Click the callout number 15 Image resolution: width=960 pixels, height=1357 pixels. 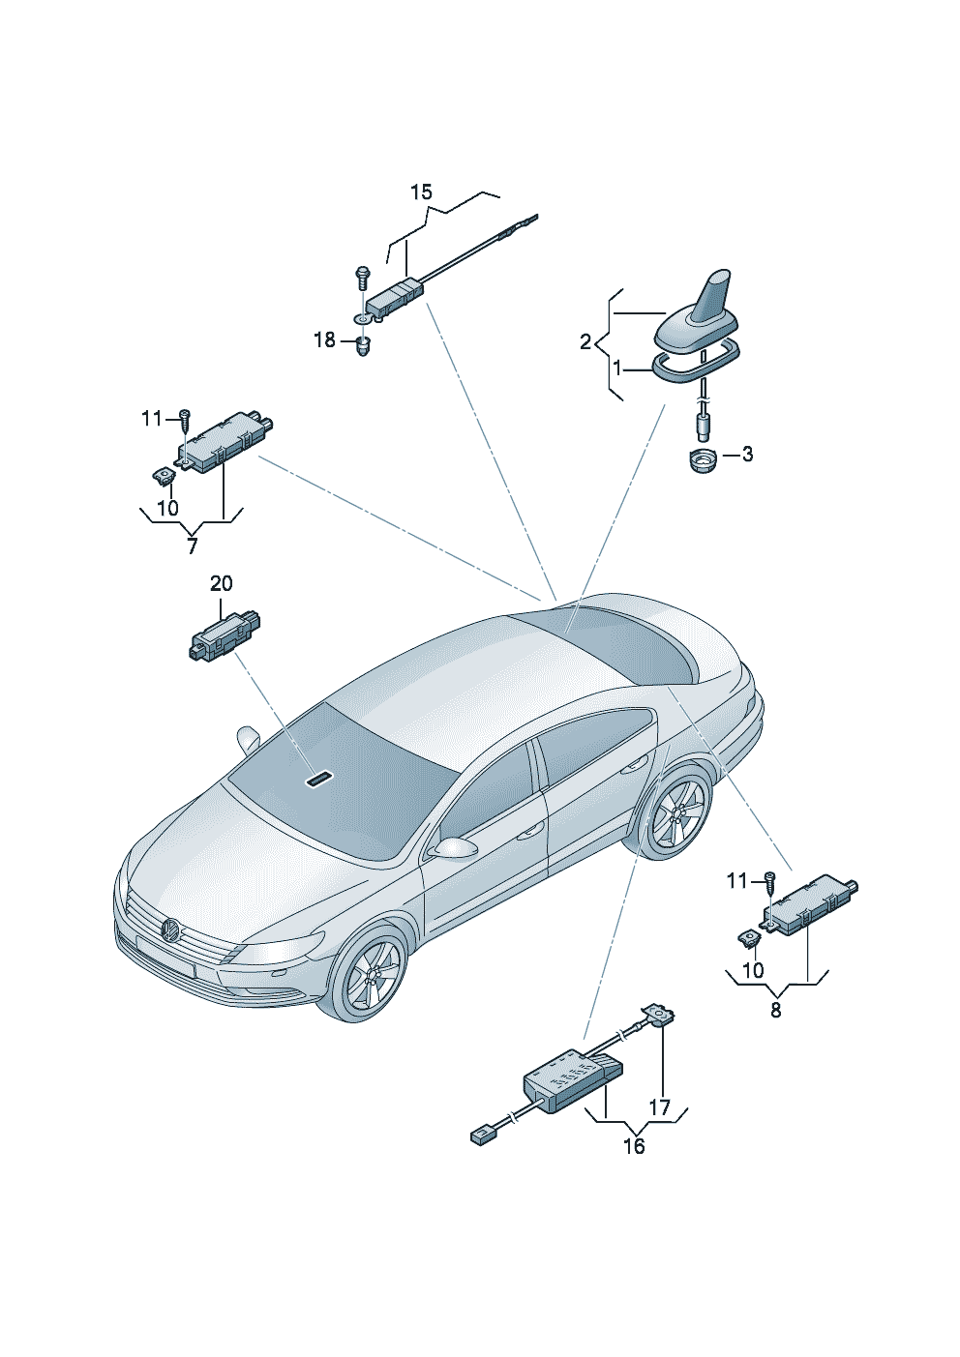pyautogui.click(x=421, y=192)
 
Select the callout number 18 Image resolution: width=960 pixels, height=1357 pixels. pyautogui.click(x=324, y=340)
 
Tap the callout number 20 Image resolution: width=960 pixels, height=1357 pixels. pyautogui.click(x=222, y=584)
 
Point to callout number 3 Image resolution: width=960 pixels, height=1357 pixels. pyautogui.click(x=747, y=455)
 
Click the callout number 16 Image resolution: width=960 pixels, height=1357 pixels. pyautogui.click(x=634, y=1146)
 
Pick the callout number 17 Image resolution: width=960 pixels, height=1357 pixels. pyautogui.click(x=659, y=1107)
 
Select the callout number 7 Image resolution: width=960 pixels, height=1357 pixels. pyautogui.click(x=192, y=546)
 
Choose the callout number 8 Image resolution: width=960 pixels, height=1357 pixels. pyautogui.click(x=775, y=1010)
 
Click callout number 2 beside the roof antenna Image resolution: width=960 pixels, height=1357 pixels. pyautogui.click(x=585, y=341)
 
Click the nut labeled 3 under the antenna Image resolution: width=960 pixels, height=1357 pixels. pyautogui.click(x=701, y=459)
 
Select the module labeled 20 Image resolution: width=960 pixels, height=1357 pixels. pyautogui.click(x=225, y=635)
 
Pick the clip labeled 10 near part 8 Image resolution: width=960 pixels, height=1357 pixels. pyautogui.click(x=749, y=937)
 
